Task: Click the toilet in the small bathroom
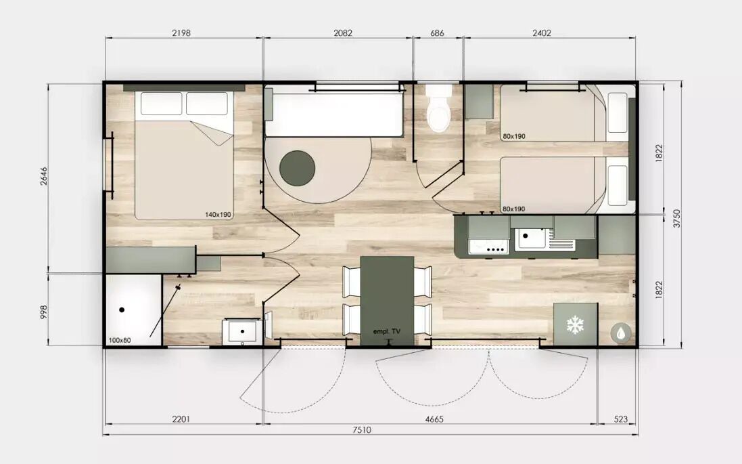pyautogui.click(x=439, y=108)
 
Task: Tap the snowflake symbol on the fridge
pyautogui.click(x=576, y=325)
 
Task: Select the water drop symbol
pyautogui.click(x=620, y=333)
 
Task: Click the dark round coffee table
pyautogui.click(x=297, y=168)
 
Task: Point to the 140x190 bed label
pyautogui.click(x=218, y=215)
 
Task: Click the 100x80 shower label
pyautogui.click(x=120, y=340)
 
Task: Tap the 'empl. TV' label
pyautogui.click(x=387, y=331)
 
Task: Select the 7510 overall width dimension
pyautogui.click(x=362, y=430)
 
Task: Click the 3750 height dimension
pyautogui.click(x=676, y=219)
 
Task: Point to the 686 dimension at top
pyautogui.click(x=437, y=33)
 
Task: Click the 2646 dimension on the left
pyautogui.click(x=44, y=176)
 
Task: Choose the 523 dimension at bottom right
pyautogui.click(x=620, y=419)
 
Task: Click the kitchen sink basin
pyautogui.click(x=530, y=239)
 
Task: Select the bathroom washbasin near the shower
pyautogui.click(x=242, y=331)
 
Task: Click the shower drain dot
pyautogui.click(x=122, y=310)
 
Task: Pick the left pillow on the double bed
pyautogui.click(x=162, y=104)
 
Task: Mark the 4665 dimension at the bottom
pyautogui.click(x=434, y=419)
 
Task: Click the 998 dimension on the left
pyautogui.click(x=44, y=312)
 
